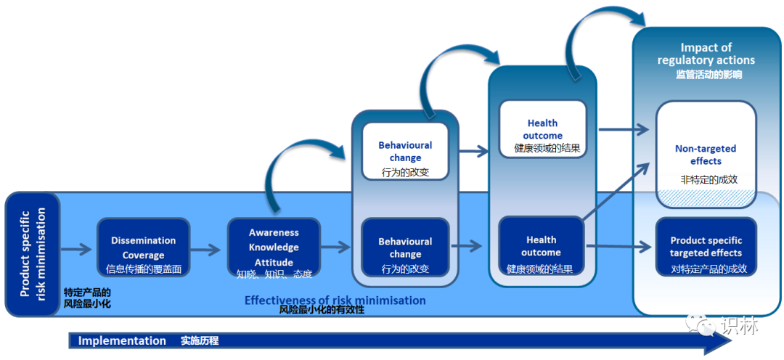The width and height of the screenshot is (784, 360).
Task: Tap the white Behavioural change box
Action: click(x=405, y=152)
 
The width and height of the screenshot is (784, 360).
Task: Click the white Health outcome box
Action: click(x=542, y=129)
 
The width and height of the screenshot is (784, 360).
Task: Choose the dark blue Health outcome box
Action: click(x=542, y=246)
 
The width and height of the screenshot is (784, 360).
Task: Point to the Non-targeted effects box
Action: click(x=706, y=155)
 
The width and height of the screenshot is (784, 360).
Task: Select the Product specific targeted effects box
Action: click(x=706, y=247)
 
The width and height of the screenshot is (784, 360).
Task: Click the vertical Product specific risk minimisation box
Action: click(x=33, y=255)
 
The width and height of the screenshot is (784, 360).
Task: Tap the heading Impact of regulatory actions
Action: click(x=706, y=54)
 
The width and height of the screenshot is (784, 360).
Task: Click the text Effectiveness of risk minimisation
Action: click(x=335, y=300)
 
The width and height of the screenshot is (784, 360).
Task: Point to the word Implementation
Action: click(x=122, y=341)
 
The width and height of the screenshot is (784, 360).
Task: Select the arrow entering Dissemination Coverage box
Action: click(x=76, y=248)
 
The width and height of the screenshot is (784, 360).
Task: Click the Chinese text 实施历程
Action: click(x=200, y=341)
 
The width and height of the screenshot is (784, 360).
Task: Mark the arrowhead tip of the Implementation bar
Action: click(x=732, y=342)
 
